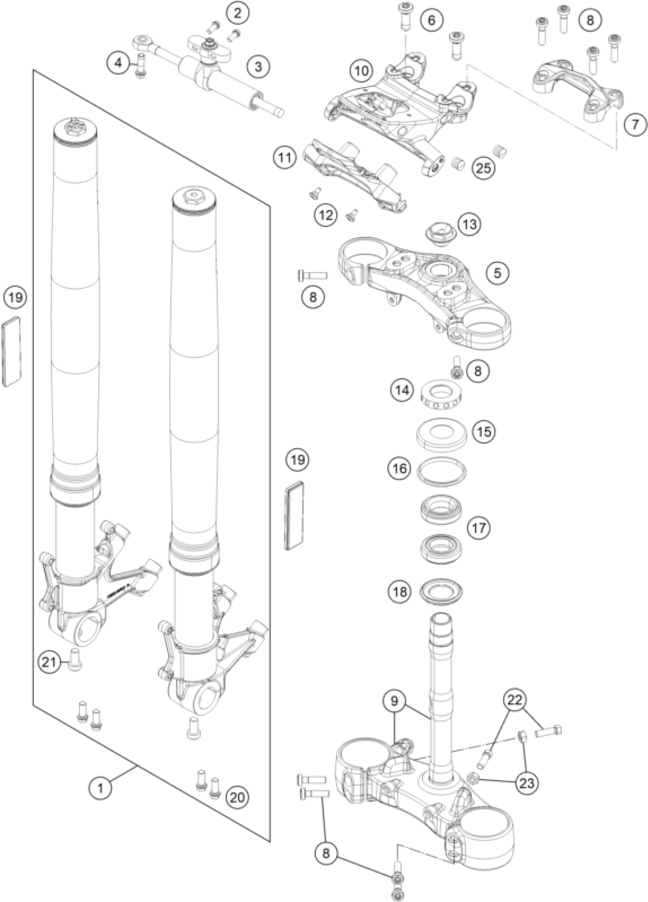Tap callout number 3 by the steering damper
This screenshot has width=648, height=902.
pyautogui.click(x=258, y=66)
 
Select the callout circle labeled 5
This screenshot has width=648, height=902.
pyautogui.click(x=497, y=273)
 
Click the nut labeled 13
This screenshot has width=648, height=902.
pyautogui.click(x=439, y=232)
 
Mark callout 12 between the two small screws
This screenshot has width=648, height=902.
pyautogui.click(x=326, y=215)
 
